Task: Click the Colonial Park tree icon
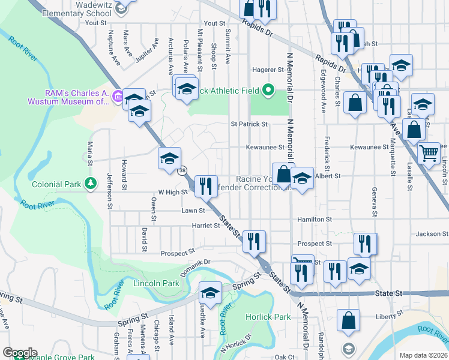(91, 184)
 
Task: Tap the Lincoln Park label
(156, 283)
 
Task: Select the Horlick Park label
(268, 316)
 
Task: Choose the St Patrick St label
(249, 124)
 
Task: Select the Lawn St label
(193, 211)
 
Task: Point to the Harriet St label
(206, 226)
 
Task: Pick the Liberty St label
(387, 316)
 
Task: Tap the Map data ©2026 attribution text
(423, 355)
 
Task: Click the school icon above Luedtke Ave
(210, 293)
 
